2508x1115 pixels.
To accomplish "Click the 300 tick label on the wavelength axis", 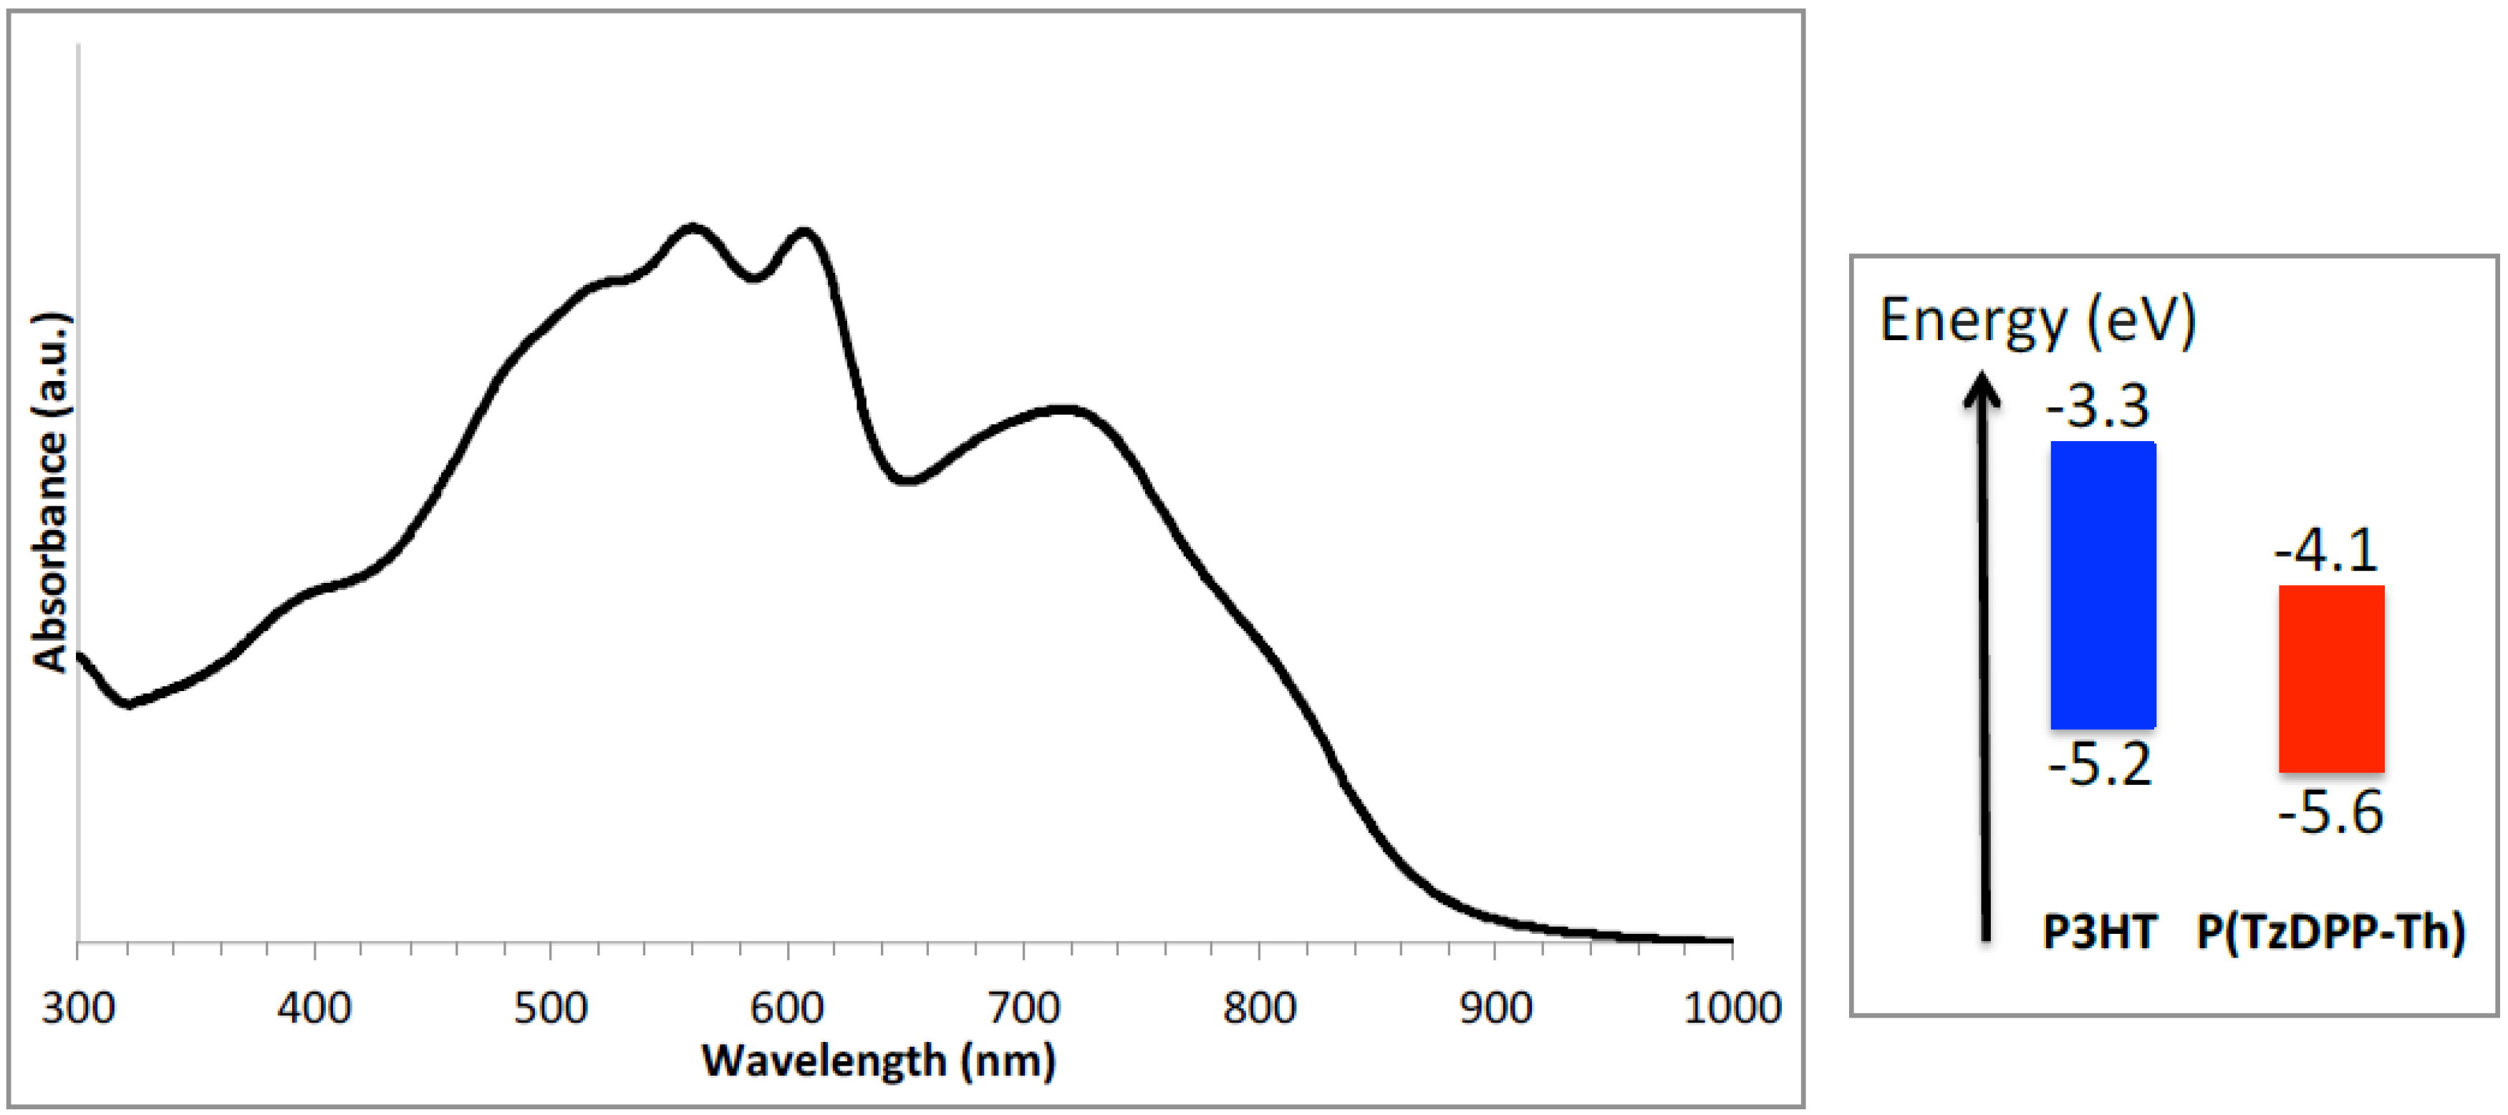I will coord(78,1007).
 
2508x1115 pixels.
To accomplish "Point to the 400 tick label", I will coord(314,1007).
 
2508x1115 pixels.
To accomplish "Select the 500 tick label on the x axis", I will coord(550,1007).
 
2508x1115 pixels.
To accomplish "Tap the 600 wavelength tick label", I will coord(786,1007).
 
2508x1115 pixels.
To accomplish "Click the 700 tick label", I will coord(1023,1007).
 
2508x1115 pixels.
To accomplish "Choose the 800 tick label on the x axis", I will coord(1259,1007).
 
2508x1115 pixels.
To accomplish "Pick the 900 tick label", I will coord(1495,1007).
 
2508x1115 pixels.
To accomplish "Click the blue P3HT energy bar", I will coord(2103,585).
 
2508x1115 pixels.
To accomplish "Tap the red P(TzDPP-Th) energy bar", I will coord(2331,679).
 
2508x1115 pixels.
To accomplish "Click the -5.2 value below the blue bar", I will coord(2099,764).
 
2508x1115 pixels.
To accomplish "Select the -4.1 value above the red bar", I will coord(2326,550).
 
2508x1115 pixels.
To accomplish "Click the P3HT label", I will coord(2099,932).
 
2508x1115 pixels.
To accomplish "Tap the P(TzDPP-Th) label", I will coord(2331,932).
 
